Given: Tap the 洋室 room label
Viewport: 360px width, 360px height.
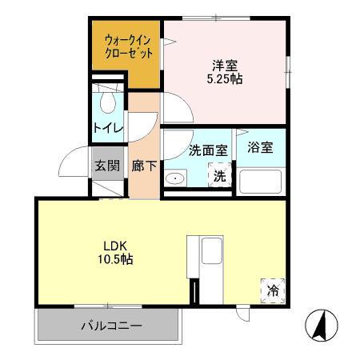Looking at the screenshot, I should [225, 66].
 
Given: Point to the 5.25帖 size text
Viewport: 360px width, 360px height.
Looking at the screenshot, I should [225, 79].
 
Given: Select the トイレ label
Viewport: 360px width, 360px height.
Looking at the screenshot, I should [107, 128].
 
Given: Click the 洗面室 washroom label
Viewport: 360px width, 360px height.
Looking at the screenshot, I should [186, 150].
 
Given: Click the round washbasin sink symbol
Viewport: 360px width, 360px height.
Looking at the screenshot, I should [175, 178].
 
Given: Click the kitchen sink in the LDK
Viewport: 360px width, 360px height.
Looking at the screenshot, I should [212, 253].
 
